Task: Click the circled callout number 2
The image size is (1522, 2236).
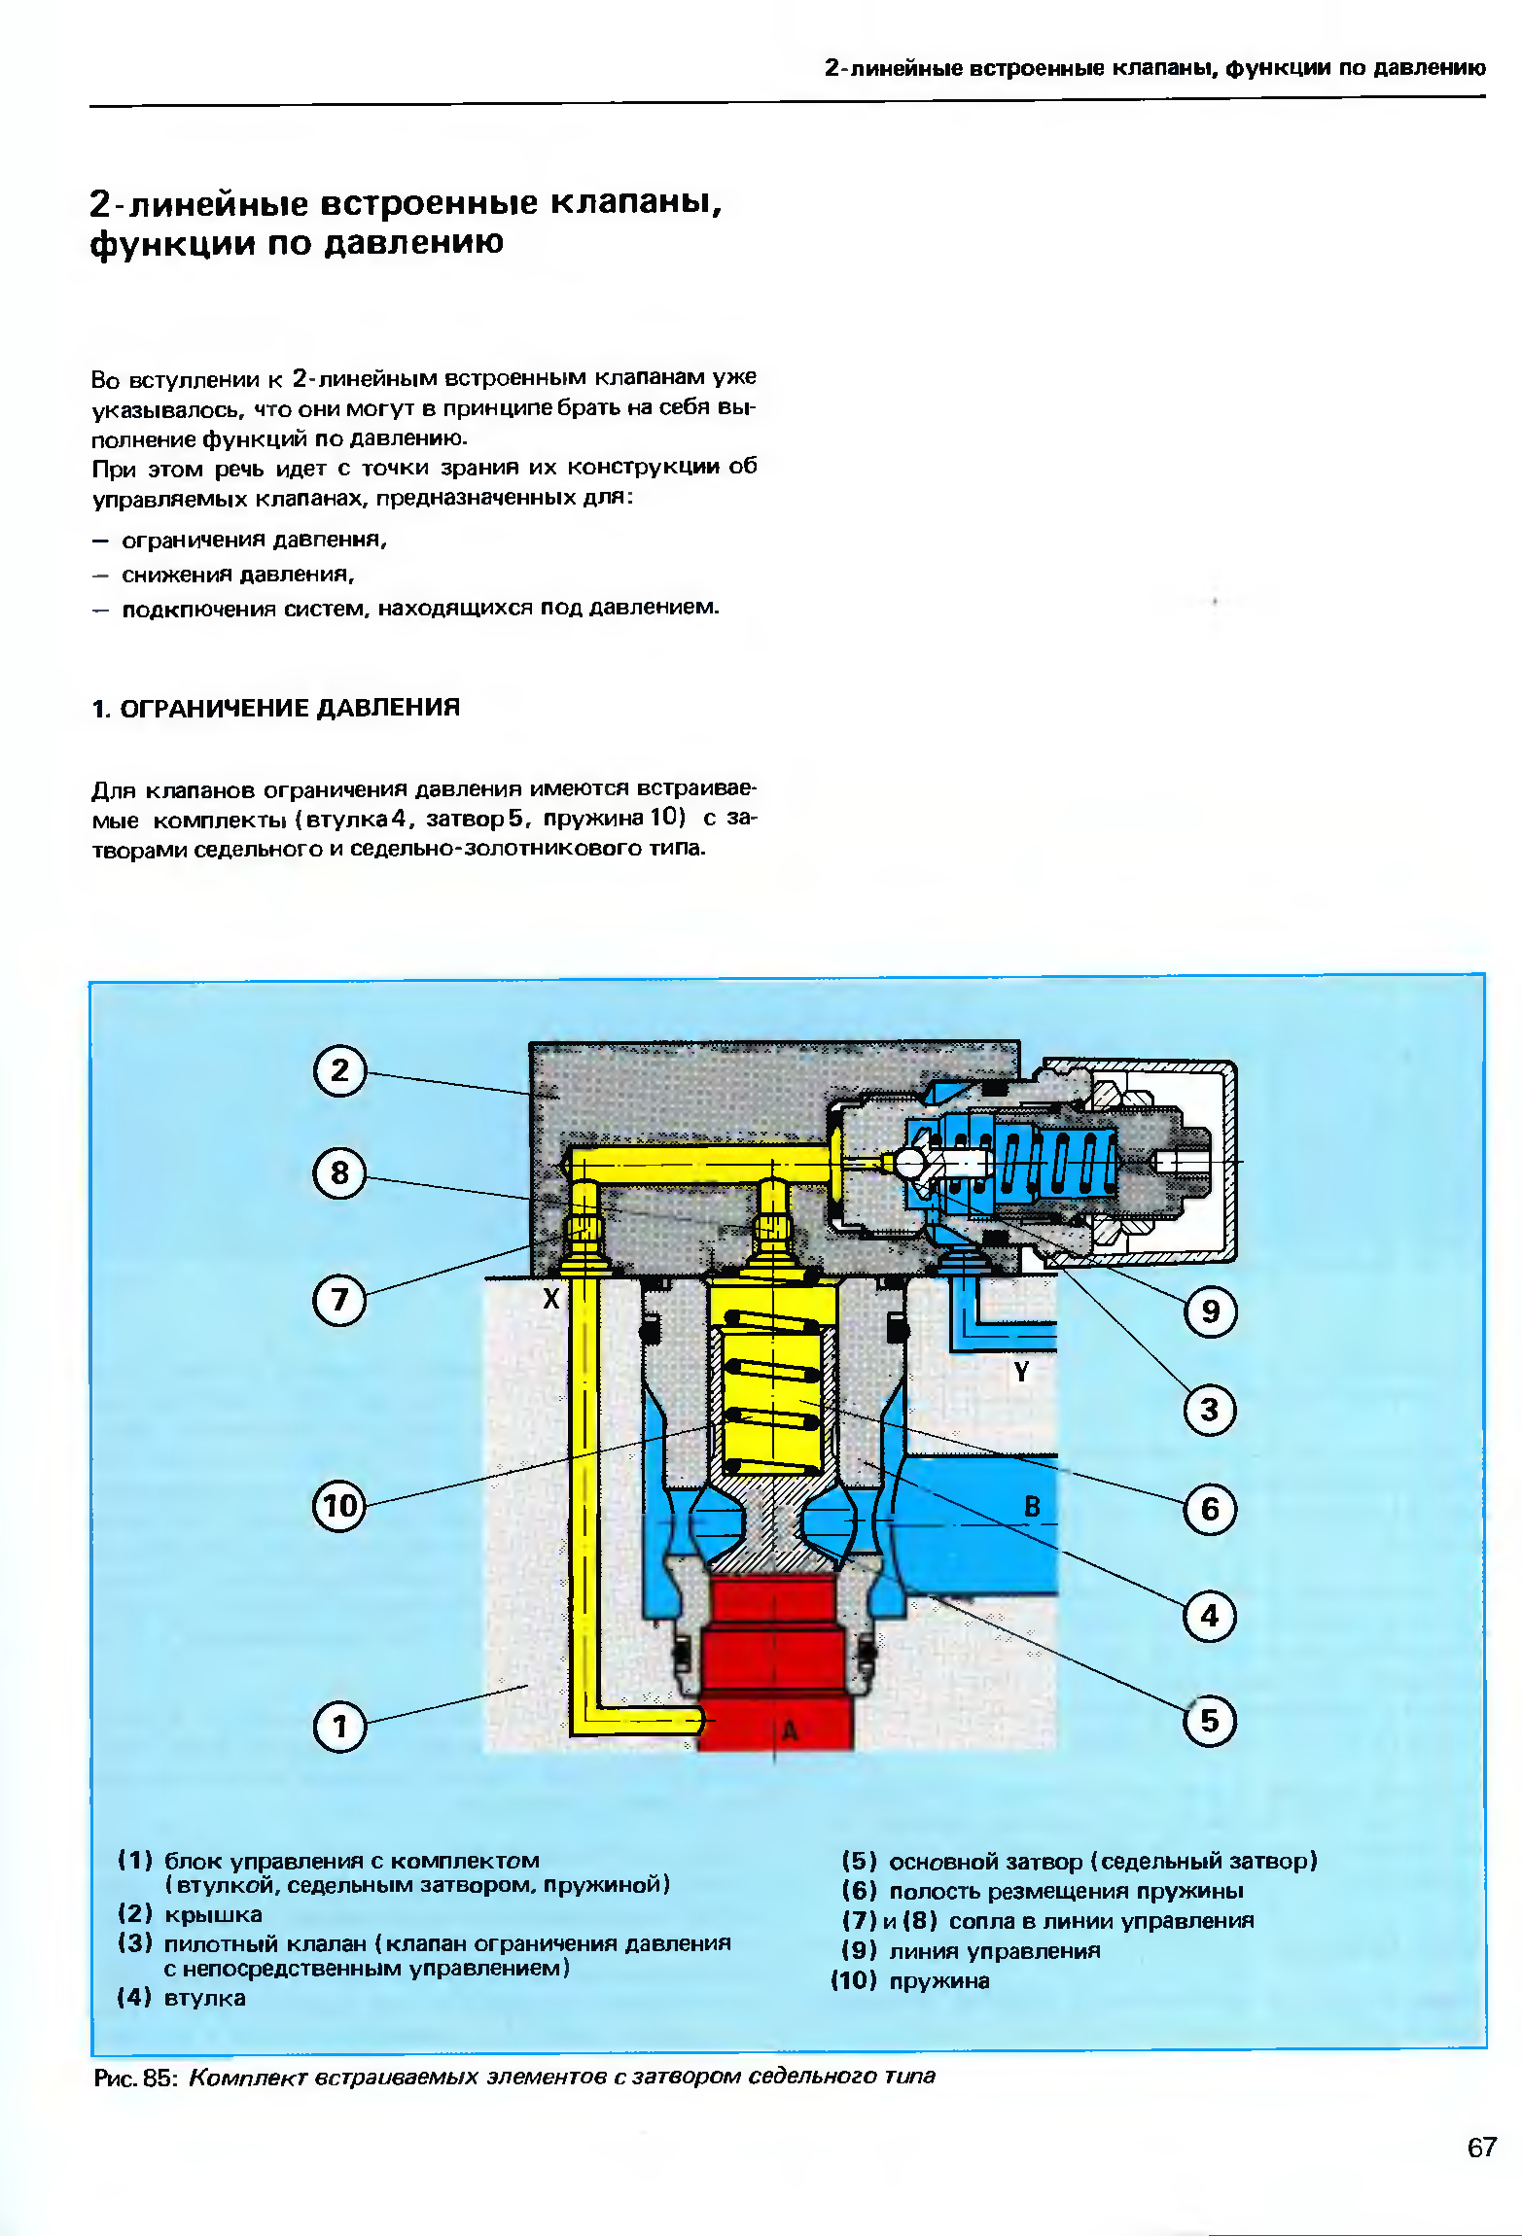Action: coord(339,1070)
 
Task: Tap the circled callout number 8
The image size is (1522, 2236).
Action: coord(339,1173)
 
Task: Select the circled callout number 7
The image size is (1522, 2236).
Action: coord(339,1300)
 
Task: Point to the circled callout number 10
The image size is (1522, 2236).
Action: coord(338,1506)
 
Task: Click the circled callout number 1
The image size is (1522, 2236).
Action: coord(339,1727)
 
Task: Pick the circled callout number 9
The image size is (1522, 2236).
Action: coord(1210,1311)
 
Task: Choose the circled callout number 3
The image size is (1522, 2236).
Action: coord(1210,1410)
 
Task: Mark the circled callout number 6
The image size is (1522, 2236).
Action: coord(1210,1509)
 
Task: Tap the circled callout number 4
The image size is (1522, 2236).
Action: coord(1210,1616)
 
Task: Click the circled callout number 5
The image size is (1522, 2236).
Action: coord(1210,1721)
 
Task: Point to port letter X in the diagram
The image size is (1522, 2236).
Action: coord(551,1299)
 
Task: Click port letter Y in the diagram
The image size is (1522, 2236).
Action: coord(1021,1372)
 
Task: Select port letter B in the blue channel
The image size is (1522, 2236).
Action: coord(1032,1507)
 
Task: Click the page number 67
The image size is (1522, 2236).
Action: coord(1481,2148)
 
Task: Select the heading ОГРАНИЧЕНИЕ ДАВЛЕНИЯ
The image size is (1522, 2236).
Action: coord(289,708)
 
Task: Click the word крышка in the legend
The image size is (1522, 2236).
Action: coord(213,1915)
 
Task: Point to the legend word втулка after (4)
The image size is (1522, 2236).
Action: coord(204,1998)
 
